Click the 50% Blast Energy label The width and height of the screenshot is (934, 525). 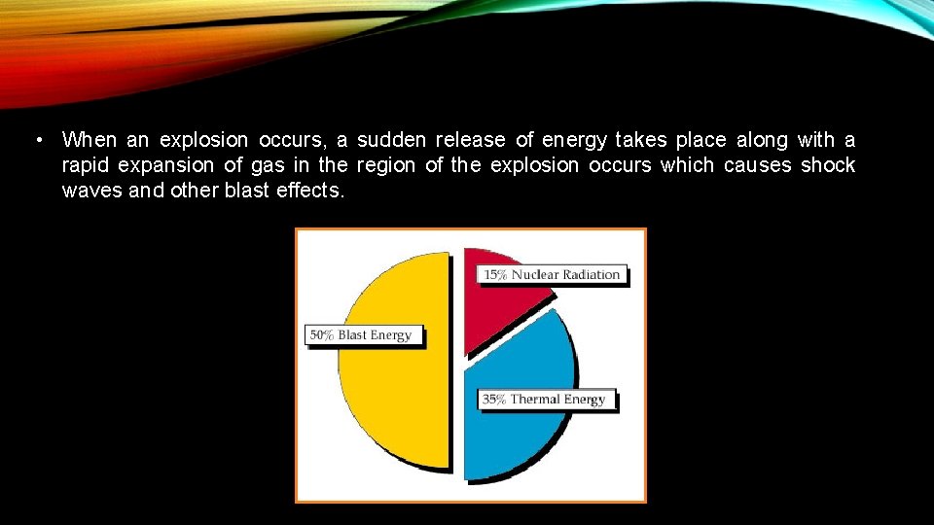point(361,335)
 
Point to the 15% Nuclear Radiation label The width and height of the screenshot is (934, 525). point(553,274)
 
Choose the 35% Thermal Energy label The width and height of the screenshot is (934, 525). point(545,400)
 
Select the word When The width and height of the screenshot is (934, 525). point(89,140)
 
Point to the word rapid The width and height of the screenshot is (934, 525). point(85,165)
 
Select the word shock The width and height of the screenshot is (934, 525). point(828,165)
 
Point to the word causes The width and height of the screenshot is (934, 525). point(758,165)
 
